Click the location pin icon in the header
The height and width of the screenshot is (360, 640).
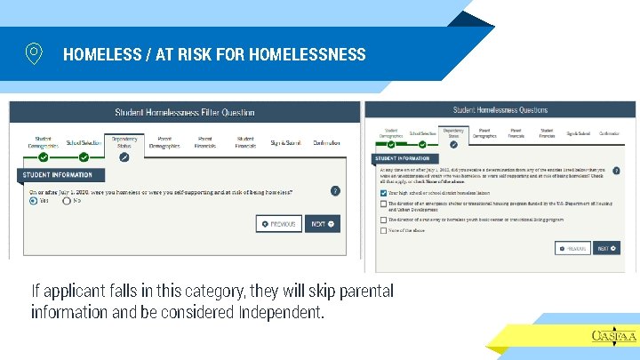coord(34,53)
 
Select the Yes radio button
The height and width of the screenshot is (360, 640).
coord(33,201)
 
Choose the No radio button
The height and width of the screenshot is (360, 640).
coord(66,201)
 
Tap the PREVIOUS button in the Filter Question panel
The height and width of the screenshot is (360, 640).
coord(279,224)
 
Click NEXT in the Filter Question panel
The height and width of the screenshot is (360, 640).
coord(322,224)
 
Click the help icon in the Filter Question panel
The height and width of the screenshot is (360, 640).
coord(335,190)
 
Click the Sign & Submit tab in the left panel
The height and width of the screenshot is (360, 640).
coord(286,142)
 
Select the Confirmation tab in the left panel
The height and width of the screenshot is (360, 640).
coord(326,142)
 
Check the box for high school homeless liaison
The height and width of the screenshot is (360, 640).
coord(382,192)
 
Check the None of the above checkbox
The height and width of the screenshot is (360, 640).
coord(382,229)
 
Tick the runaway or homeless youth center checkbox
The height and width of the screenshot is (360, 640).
coord(382,220)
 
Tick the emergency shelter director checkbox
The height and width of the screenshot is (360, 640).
coord(382,204)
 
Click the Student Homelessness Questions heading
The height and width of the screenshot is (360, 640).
coord(500,110)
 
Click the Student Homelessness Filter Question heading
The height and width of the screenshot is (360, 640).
coord(185,113)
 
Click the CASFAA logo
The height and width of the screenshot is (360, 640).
coord(613,335)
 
